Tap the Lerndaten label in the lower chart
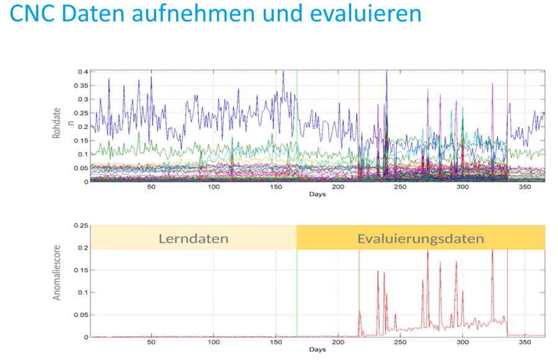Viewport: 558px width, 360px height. coord(193,239)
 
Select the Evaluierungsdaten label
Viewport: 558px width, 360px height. coord(420,239)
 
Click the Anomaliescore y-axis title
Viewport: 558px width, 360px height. coord(57,281)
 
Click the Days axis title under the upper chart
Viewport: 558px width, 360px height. coord(317,194)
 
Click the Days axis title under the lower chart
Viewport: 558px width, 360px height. coord(317,349)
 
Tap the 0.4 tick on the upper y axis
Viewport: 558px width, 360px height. coord(82,72)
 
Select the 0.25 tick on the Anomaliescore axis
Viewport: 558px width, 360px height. coord(81,226)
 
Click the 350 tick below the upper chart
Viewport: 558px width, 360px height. coord(525,187)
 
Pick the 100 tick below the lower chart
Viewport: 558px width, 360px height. coord(214,343)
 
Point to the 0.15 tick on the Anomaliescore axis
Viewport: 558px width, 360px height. coord(81,270)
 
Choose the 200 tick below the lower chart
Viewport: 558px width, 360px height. coord(338,343)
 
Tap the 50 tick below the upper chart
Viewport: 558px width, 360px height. coord(151,187)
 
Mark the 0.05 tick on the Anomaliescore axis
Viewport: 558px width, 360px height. coord(81,315)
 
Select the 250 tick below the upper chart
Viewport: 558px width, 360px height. coord(400,187)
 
